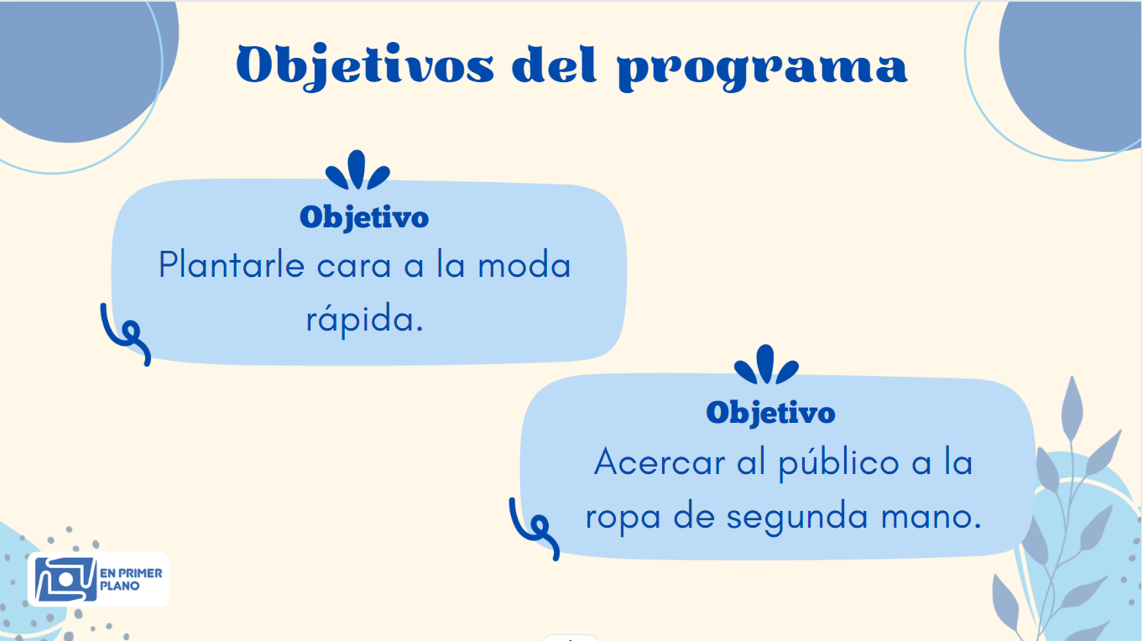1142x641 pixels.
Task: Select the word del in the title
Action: pyautogui.click(x=554, y=65)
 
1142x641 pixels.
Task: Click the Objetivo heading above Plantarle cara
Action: pyautogui.click(x=364, y=218)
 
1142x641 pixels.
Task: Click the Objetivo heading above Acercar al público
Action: pyautogui.click(x=770, y=414)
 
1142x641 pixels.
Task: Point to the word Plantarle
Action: pyautogui.click(x=232, y=265)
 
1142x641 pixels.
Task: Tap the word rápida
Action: pyautogui.click(x=364, y=319)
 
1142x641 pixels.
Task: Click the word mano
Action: pyautogui.click(x=931, y=517)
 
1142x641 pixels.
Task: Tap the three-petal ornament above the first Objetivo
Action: pyautogui.click(x=357, y=170)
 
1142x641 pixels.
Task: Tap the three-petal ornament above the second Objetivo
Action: pyautogui.click(x=766, y=365)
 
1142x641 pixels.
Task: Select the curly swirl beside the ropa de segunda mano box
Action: pyautogui.click(x=534, y=529)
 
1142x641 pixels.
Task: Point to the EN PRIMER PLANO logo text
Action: pyautogui.click(x=131, y=579)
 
